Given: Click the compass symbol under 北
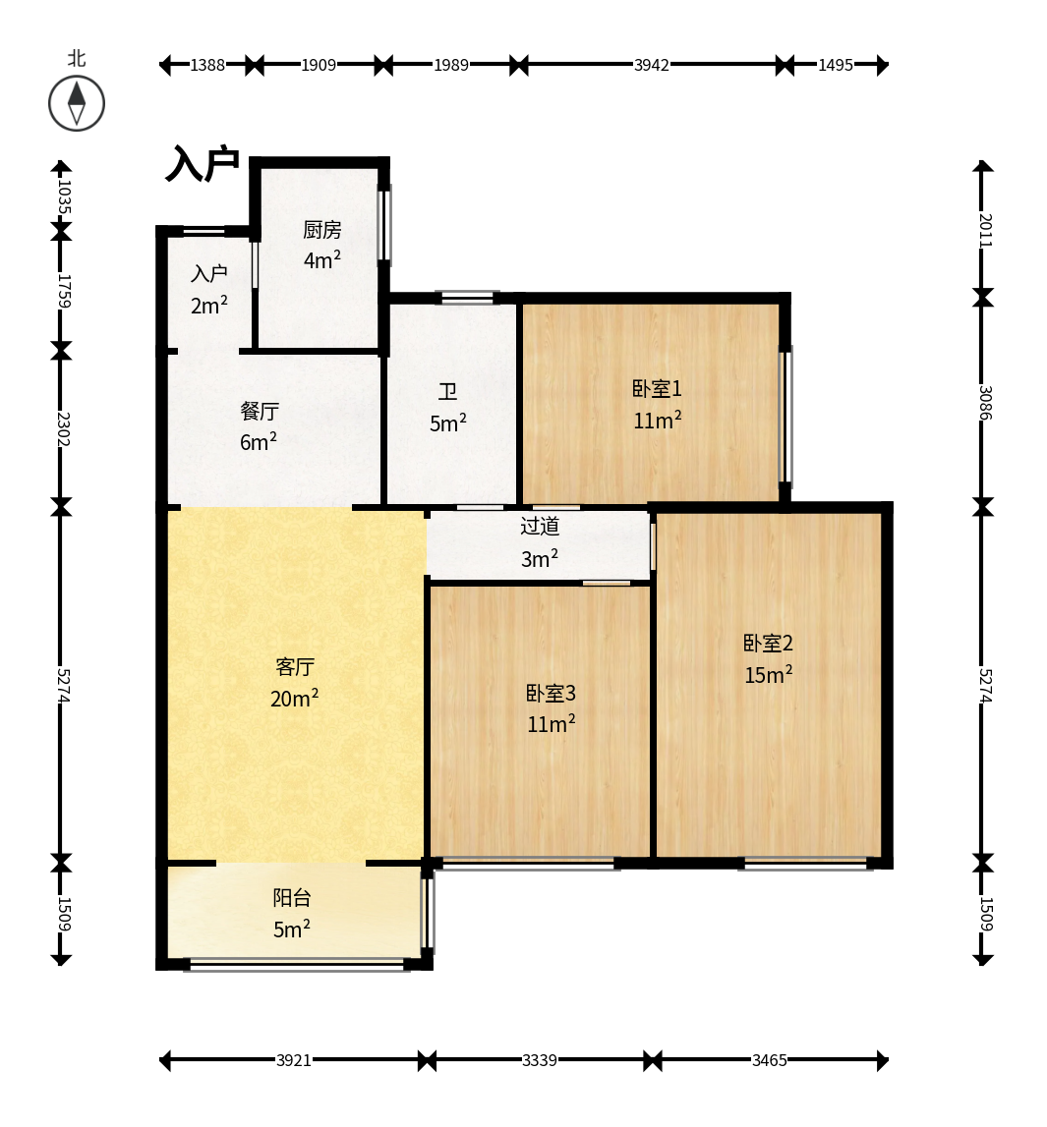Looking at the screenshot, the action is [x=77, y=103].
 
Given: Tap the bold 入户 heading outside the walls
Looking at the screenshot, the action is [x=203, y=164].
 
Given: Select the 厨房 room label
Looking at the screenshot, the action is [x=321, y=230].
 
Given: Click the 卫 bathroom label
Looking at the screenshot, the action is [x=447, y=392].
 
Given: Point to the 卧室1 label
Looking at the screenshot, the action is [x=657, y=389].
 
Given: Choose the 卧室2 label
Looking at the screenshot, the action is [x=768, y=644].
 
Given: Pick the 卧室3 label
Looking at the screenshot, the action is [x=551, y=693].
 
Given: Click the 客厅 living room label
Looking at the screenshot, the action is [x=295, y=667].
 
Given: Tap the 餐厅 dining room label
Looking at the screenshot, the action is [x=259, y=411].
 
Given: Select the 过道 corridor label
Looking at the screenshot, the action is [x=540, y=526].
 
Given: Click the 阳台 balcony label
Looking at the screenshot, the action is [x=291, y=898].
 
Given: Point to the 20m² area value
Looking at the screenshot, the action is [x=294, y=698].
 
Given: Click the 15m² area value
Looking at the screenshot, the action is [x=768, y=674].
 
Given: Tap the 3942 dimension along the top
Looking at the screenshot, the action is [x=651, y=66].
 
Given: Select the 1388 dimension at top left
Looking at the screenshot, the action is [x=207, y=66].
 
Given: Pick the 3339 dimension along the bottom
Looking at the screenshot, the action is [x=540, y=1060].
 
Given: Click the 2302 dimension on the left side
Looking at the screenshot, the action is [x=63, y=428].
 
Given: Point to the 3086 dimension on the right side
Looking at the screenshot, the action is [x=985, y=403].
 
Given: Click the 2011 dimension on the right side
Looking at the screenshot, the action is [x=985, y=230].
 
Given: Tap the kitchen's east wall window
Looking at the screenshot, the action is [x=385, y=223].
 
